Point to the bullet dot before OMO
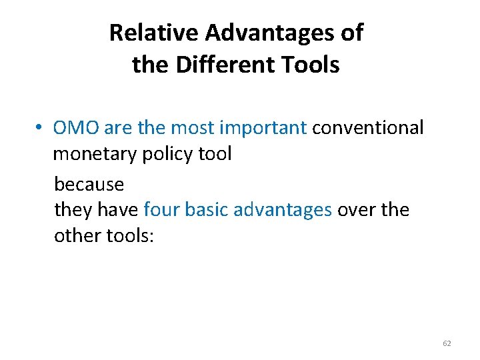41,128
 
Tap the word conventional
367,127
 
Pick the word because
89,183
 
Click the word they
73,210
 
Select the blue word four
161,210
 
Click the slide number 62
447,343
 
